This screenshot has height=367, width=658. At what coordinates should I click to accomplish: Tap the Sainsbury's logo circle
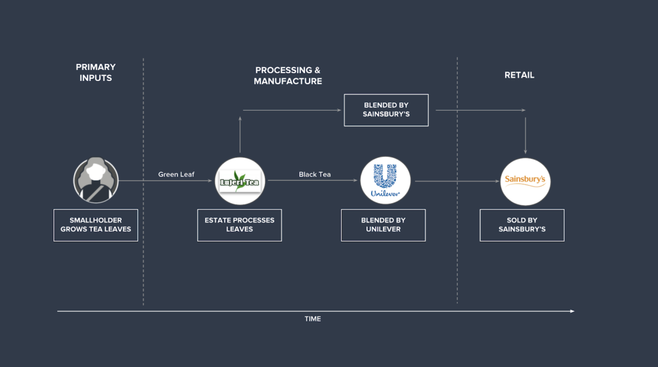(x=525, y=181)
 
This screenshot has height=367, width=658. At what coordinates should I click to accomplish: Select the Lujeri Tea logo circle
(x=240, y=181)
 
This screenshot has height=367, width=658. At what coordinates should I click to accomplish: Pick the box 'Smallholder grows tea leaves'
(x=96, y=225)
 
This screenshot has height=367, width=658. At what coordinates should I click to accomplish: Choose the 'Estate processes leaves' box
(x=239, y=225)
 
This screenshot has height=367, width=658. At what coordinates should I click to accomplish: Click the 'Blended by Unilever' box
(x=383, y=225)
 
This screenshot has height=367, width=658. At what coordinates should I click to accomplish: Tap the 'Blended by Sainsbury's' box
(x=386, y=110)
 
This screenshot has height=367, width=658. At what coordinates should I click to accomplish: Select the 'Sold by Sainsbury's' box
(x=522, y=225)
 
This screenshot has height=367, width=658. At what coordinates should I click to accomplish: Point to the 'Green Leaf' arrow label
(x=176, y=174)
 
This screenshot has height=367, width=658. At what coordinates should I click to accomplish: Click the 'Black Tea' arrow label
(x=315, y=174)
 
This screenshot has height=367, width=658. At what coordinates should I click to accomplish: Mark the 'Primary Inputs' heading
(x=96, y=72)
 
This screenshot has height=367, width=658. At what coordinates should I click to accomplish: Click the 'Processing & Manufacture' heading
(x=287, y=76)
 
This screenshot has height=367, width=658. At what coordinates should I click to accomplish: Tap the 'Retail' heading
(x=519, y=75)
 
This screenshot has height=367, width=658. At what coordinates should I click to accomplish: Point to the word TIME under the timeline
(x=313, y=319)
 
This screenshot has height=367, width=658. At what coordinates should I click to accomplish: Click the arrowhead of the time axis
(x=572, y=311)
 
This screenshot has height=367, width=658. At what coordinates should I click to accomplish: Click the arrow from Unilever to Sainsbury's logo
(x=456, y=181)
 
